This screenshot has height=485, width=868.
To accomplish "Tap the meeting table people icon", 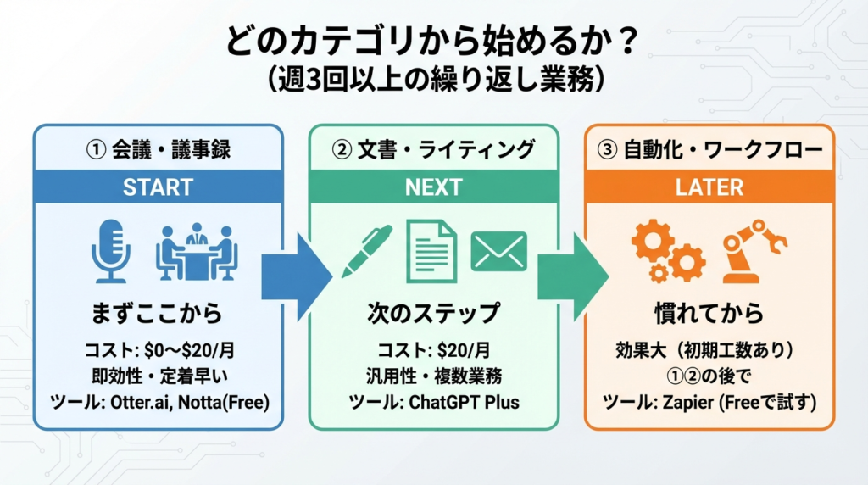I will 196,251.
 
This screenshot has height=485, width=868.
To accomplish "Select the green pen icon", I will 367,251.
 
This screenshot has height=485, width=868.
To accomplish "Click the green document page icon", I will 431,251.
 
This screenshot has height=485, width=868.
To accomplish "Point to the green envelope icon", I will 498,251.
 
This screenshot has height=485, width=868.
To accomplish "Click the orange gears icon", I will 668,251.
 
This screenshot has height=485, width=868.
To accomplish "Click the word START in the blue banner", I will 158,187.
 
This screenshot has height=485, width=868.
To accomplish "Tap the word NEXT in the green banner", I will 433,187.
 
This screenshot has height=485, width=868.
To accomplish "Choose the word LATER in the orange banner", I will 709,187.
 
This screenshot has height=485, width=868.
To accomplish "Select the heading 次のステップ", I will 433,313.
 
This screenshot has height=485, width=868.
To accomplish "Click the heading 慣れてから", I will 709,313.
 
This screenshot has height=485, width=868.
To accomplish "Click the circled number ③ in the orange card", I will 606,150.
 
